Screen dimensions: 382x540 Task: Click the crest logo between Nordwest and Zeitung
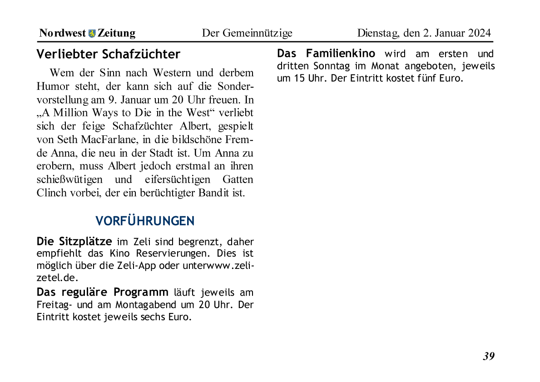coord(92,33)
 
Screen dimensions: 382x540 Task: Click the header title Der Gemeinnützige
coord(247,33)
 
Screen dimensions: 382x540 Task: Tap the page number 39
coord(489,356)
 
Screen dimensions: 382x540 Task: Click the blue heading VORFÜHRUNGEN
coord(145,221)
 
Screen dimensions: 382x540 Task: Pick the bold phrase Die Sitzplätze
coord(74,241)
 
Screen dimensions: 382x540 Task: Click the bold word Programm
coord(141,292)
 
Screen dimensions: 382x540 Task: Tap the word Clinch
coord(51,192)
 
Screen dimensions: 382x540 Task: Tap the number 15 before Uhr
coord(299,78)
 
